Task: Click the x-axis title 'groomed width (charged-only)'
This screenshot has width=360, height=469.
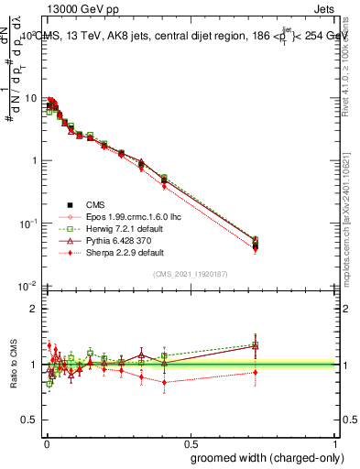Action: [262, 456]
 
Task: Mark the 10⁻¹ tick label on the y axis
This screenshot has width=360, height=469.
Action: [28, 224]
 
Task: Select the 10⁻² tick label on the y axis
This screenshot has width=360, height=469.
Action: [28, 286]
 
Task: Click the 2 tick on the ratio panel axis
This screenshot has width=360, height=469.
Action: [35, 309]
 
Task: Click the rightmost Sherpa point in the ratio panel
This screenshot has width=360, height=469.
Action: [256, 372]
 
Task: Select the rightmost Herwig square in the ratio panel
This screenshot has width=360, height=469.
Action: [256, 344]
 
